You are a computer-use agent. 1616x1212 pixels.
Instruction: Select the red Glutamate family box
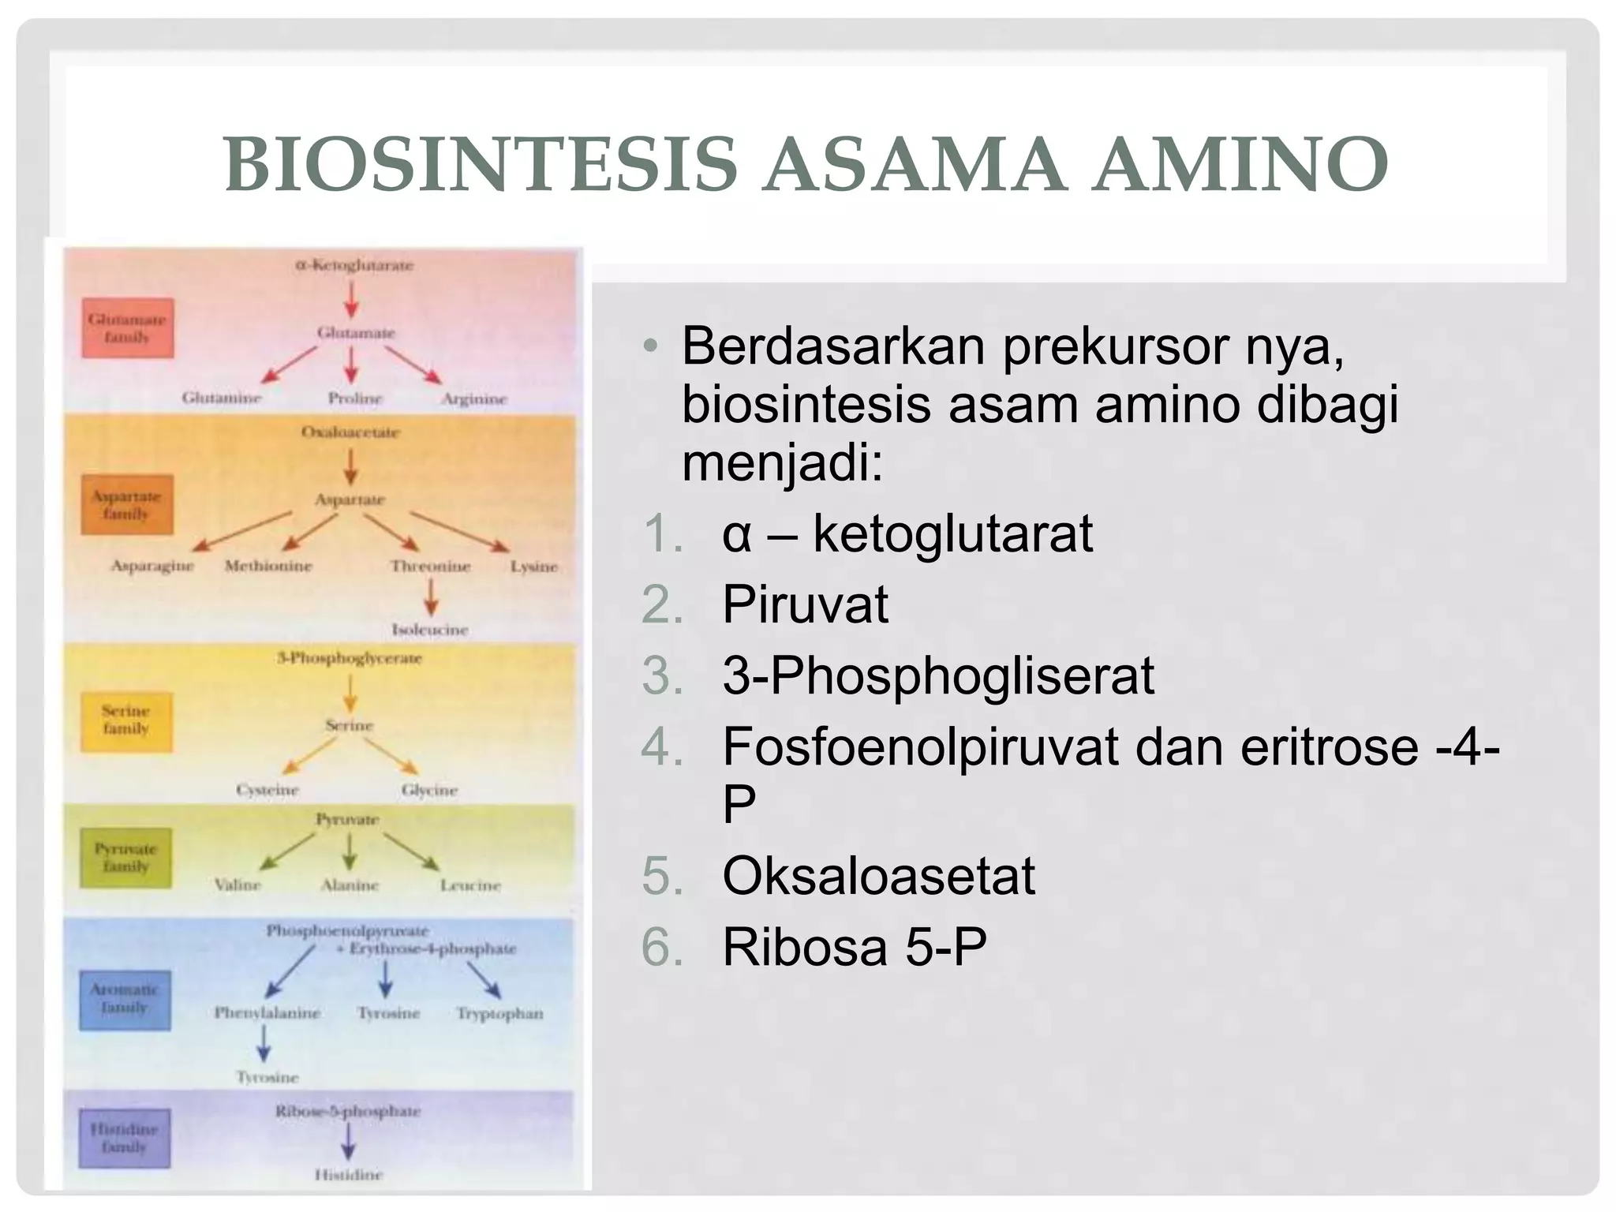[127, 328]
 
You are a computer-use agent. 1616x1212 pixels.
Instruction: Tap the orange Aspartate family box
[126, 505]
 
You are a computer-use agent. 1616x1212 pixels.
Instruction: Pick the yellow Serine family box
[126, 720]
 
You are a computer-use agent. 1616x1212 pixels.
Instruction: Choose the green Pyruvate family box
[126, 858]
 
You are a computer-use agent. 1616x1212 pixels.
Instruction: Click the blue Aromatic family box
[125, 999]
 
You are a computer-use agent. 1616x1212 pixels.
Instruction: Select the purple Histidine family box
[125, 1139]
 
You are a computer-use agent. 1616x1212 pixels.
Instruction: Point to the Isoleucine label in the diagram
[430, 630]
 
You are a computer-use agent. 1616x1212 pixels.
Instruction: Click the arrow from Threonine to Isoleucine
[430, 597]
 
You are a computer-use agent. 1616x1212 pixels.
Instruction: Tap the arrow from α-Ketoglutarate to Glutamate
[352, 300]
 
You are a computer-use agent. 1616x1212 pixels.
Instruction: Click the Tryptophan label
[499, 1013]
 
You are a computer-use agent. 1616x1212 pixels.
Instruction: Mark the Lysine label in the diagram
[533, 567]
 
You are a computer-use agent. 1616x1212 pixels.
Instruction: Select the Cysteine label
[267, 790]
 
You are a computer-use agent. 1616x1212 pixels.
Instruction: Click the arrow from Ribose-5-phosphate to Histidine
[348, 1142]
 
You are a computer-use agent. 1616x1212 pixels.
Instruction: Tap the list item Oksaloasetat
[878, 876]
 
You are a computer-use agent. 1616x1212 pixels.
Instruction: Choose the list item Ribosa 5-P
[855, 947]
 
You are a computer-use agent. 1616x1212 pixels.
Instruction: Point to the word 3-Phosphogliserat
[938, 676]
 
